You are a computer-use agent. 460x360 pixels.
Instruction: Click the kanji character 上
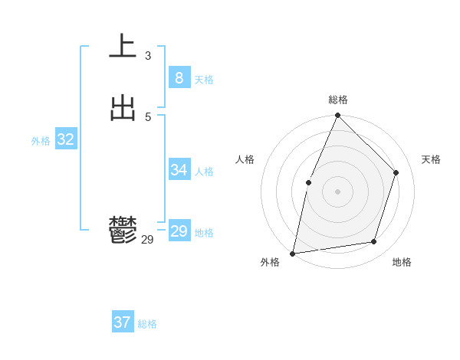click(123, 47)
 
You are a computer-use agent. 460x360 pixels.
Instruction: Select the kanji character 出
click(123, 108)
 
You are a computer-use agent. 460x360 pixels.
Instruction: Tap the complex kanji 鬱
click(123, 231)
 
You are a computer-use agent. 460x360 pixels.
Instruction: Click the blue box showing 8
click(179, 77)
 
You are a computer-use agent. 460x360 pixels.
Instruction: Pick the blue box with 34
click(179, 170)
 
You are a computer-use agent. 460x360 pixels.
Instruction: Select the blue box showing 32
click(65, 139)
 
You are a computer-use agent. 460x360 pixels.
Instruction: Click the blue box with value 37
click(122, 322)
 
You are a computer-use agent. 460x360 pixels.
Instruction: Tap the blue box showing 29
click(179, 231)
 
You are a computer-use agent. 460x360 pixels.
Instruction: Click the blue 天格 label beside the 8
click(204, 80)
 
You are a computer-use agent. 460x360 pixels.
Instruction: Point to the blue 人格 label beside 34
click(204, 172)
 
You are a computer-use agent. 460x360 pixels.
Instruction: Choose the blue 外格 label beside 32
click(41, 141)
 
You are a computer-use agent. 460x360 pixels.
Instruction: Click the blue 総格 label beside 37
click(147, 325)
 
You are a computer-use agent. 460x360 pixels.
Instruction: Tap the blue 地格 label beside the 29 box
click(204, 233)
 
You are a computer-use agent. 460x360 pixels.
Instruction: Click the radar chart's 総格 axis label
click(338, 100)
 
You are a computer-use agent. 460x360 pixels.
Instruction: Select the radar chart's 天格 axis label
click(432, 159)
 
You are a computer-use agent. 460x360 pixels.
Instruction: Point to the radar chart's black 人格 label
click(245, 159)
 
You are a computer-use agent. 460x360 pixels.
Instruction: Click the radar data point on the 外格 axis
click(293, 253)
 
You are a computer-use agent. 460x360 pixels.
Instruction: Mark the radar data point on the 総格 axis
click(338, 116)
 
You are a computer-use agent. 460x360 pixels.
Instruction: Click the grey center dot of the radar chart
click(338, 191)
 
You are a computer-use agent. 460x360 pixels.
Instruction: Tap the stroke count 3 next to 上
click(148, 55)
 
